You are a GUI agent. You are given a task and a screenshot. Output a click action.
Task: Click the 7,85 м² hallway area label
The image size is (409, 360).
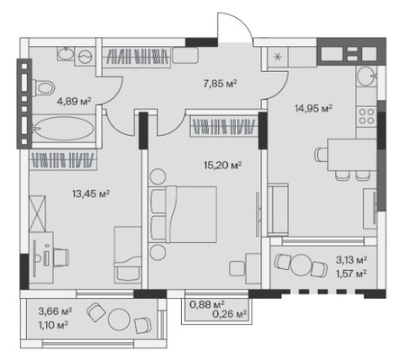coord(220,84)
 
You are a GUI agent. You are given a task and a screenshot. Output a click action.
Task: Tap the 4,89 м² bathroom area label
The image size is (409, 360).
coord(74,102)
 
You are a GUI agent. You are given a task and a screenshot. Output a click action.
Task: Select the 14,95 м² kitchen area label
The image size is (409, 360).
coord(314,108)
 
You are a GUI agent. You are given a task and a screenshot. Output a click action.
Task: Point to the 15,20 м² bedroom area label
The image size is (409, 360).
coord(223,165)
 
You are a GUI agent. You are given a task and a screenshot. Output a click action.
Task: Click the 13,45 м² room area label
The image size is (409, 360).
coord(91,193)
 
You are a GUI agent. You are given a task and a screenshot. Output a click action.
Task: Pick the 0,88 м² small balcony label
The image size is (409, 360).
coord(207,305)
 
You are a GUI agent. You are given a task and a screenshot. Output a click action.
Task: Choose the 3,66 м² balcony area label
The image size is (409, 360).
coord(55,311)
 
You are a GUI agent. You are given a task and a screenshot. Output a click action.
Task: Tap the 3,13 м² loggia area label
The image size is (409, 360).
coord(351,260)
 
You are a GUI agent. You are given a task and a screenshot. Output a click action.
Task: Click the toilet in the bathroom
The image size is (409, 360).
coord(43,88)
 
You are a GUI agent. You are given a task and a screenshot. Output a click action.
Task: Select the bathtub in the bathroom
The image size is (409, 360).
coord(64,129)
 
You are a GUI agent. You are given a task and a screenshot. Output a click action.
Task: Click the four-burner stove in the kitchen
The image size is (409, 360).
coord(367,116)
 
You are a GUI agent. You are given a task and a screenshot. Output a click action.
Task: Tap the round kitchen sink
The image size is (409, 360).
coord(366,76)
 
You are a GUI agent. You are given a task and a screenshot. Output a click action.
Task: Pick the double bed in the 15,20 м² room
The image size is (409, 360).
coord(184,214)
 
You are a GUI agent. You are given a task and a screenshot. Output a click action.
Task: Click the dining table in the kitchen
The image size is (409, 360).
coord(351,155)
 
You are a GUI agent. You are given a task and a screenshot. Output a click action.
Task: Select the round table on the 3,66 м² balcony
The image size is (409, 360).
coord(119,319)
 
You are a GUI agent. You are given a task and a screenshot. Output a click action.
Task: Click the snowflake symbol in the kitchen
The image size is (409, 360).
coord(277,57)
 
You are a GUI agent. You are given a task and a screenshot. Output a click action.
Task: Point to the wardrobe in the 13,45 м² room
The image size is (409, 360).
coord(63,160)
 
